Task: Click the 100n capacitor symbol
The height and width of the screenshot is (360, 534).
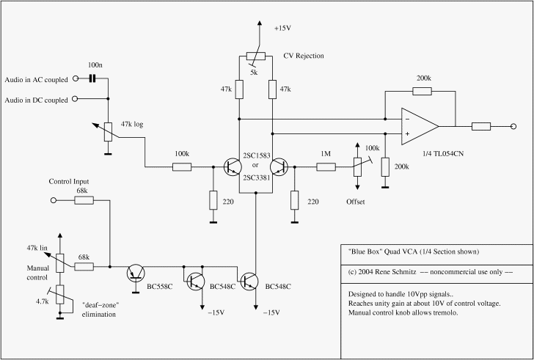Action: click(x=91, y=79)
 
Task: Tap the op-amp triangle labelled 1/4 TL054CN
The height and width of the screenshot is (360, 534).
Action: click(x=420, y=127)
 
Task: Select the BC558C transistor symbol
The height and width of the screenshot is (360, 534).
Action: click(x=136, y=273)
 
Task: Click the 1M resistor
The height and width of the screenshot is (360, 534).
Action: click(x=326, y=167)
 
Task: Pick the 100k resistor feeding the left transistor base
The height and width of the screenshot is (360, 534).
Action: click(x=182, y=167)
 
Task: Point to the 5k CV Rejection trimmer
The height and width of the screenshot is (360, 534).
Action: click(x=256, y=56)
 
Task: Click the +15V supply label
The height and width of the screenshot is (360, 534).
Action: click(x=282, y=29)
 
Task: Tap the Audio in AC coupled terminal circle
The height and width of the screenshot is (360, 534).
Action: click(x=76, y=78)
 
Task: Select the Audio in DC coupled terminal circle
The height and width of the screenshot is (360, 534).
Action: click(x=75, y=99)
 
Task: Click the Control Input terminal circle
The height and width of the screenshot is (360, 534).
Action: click(x=54, y=200)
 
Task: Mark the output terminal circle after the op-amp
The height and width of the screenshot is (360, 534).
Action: click(x=513, y=127)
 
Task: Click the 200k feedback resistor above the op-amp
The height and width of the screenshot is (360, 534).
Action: click(x=422, y=91)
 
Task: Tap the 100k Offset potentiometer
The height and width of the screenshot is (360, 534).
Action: click(x=357, y=167)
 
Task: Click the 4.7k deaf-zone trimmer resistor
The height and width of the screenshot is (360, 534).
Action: click(x=60, y=295)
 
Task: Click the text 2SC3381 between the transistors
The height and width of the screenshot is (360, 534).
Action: click(x=256, y=177)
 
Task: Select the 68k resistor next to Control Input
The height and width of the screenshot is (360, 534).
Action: click(x=84, y=200)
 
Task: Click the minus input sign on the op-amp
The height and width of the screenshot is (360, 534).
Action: click(x=407, y=119)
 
